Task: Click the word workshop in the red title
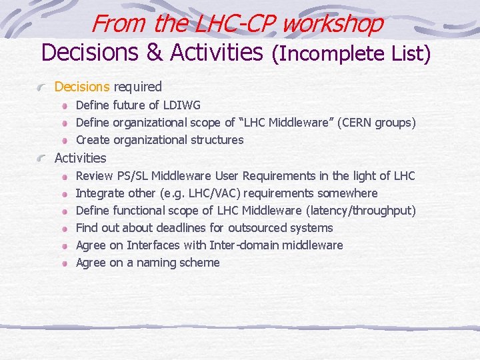pos(333,23)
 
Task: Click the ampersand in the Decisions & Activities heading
pos(154,52)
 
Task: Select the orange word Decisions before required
pos(82,87)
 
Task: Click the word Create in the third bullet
pos(93,140)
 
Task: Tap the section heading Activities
pos(80,158)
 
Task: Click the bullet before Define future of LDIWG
pos(65,106)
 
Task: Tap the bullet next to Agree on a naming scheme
pos(65,263)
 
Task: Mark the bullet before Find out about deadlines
pos(65,229)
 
